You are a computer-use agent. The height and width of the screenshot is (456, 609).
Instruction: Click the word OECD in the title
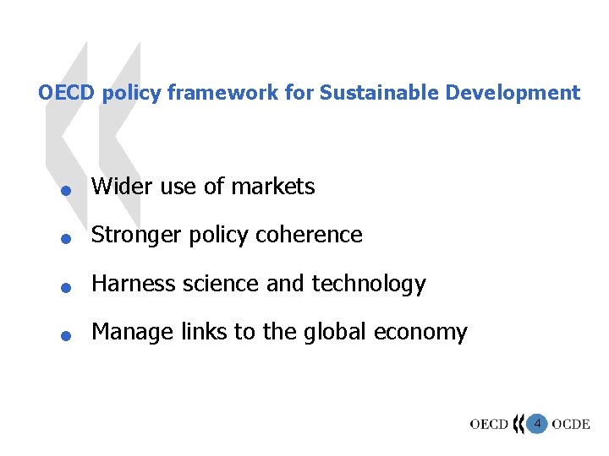tap(67, 93)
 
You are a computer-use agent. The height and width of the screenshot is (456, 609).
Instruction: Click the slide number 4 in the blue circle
tap(537, 422)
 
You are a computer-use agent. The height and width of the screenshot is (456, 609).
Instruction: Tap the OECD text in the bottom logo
tap(489, 424)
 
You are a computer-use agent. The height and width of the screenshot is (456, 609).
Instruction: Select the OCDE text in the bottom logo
tap(571, 424)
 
